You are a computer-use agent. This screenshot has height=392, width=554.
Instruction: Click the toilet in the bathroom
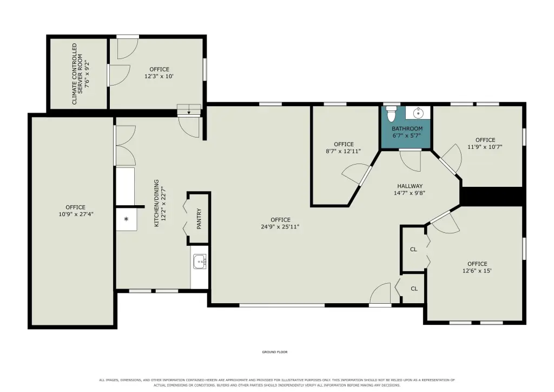391,113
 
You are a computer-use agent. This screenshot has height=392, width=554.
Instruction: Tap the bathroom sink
418,113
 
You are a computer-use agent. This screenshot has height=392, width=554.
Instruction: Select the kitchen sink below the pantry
200,262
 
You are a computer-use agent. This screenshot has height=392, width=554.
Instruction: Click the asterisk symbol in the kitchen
126,219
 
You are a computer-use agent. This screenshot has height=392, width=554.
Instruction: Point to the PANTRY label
199,218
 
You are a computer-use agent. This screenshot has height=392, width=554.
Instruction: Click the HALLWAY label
410,186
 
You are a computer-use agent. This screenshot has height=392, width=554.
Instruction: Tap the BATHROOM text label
407,129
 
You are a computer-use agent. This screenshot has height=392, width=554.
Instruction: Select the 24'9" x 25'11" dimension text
280,226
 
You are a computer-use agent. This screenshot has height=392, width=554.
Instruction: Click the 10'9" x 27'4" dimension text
76,214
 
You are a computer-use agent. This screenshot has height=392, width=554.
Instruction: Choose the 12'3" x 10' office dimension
159,76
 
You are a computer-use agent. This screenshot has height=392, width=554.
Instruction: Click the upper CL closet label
413,249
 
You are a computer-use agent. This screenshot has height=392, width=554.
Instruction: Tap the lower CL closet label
414,289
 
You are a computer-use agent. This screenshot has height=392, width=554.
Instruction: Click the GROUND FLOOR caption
274,352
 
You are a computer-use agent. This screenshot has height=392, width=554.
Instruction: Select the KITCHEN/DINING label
156,203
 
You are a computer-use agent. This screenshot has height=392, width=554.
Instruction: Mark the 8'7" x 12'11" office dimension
343,151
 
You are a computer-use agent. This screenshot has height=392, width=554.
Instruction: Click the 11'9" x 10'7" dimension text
485,147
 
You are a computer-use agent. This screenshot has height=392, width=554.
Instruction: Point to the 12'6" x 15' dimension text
477,271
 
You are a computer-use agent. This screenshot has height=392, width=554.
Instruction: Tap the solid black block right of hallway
491,196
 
